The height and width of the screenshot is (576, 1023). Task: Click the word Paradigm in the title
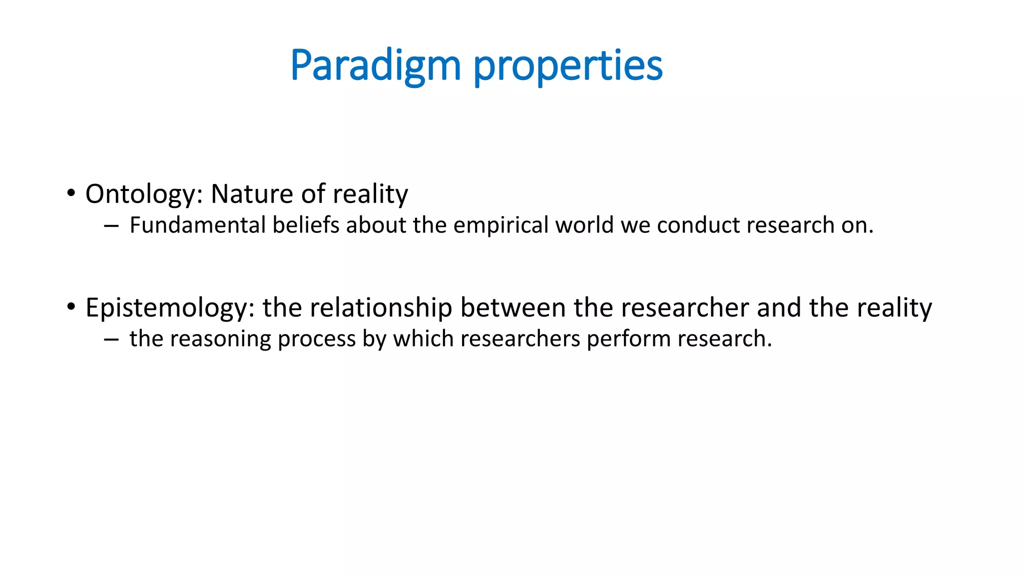pos(375,66)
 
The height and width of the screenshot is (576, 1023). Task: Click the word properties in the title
pos(567,66)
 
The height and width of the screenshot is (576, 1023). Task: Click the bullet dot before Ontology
pos(71,193)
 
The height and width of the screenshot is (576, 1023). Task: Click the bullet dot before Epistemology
pos(71,306)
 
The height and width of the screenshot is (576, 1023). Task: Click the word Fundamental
pos(197,225)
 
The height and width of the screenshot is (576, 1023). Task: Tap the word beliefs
pos(306,225)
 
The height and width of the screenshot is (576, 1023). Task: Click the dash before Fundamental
pos(111,226)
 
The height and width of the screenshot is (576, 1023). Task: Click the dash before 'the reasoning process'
pos(111,340)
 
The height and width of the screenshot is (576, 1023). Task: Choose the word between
pos(512,308)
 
